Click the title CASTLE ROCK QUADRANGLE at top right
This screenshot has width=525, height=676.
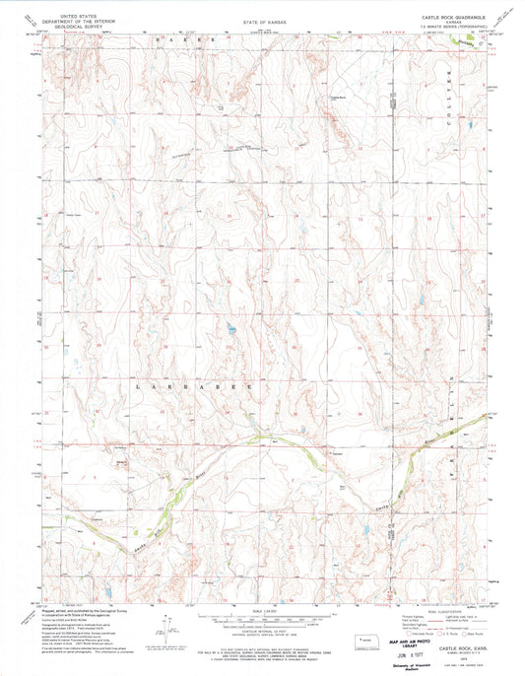click(x=425, y=18)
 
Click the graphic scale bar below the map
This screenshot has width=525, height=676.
click(x=262, y=620)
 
